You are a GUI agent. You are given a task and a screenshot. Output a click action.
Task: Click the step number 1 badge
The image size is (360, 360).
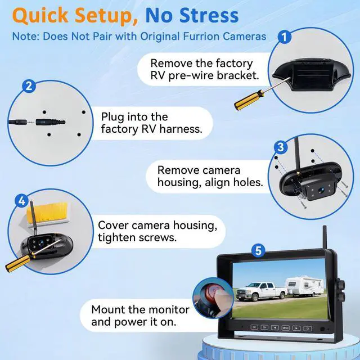(x=285, y=38)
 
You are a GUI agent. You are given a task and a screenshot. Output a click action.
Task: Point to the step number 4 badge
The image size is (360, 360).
(x=22, y=201)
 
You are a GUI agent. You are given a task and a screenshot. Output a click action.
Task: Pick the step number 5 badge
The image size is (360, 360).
(x=258, y=251)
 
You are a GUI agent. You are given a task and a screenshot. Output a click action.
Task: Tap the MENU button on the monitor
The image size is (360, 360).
(x=286, y=327)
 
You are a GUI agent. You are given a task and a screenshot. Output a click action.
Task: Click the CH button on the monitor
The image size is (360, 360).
(x=264, y=327)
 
